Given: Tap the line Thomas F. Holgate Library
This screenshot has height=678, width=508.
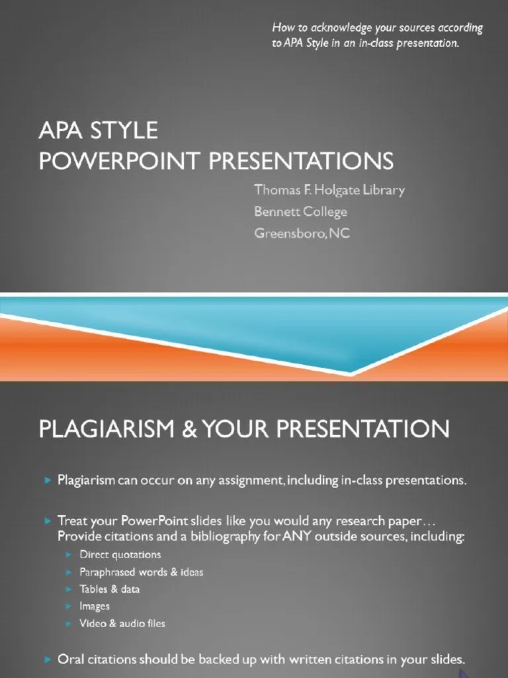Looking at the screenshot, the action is [x=329, y=190].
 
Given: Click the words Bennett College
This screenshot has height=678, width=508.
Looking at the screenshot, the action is [x=301, y=211].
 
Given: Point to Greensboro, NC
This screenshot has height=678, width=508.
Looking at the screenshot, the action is [x=302, y=233].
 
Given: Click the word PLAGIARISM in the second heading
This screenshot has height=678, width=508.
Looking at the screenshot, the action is [x=106, y=428].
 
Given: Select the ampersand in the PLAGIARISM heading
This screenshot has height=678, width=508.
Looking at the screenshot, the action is [x=189, y=428].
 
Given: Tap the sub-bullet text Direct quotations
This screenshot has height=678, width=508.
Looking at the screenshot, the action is [x=120, y=555].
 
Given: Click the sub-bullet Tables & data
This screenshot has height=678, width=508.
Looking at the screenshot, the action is [x=109, y=589].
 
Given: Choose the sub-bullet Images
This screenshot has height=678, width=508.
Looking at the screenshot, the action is [x=94, y=606].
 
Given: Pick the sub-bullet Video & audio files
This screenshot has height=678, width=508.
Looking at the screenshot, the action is [x=122, y=624].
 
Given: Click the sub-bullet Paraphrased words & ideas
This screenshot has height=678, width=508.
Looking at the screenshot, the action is [x=142, y=572].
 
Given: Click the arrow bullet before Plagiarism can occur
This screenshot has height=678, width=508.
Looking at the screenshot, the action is [x=48, y=481].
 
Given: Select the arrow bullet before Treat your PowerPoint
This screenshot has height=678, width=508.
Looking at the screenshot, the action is [x=48, y=521].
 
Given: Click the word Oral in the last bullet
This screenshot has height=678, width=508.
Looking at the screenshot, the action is [x=71, y=659].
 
